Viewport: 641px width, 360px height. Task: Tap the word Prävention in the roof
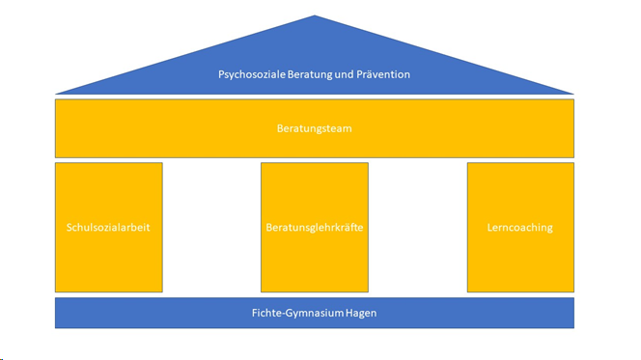coord(383,73)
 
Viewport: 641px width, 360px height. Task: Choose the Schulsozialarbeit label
coord(108,228)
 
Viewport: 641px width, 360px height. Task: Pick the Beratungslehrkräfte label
coord(315,228)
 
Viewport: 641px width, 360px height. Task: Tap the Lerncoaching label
coord(520,228)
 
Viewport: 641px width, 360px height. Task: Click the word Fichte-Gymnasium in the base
coord(296,313)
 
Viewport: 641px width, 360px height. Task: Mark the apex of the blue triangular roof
coord(315,16)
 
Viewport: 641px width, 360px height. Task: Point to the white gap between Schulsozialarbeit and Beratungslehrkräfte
coord(211,228)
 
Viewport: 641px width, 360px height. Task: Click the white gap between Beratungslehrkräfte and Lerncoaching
coord(417,228)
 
